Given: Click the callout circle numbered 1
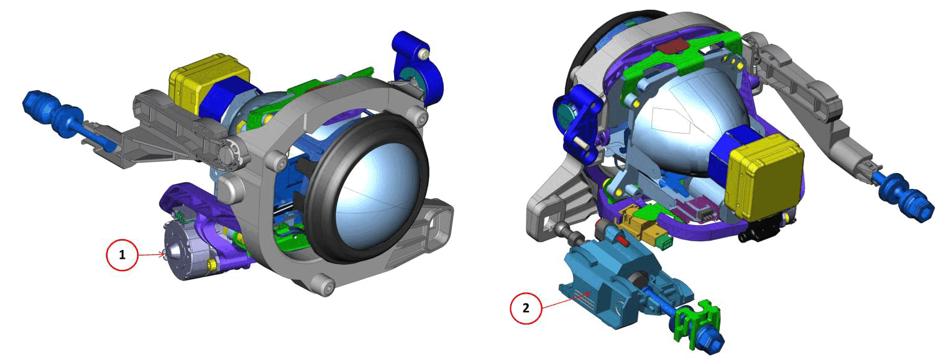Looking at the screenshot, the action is pos(122,254).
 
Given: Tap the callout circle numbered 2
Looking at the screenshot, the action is pos(526,308).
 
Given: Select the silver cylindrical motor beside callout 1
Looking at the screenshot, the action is pos(185,252).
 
